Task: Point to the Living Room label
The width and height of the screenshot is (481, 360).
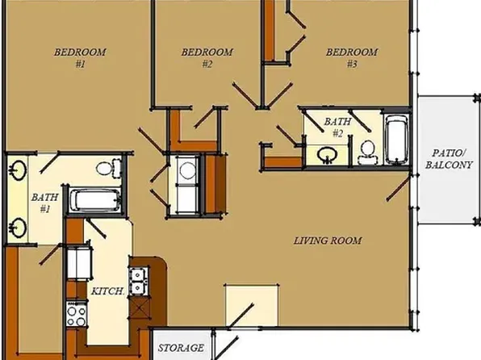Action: pyautogui.click(x=327, y=241)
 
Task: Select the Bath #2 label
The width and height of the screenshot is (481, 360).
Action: pyautogui.click(x=334, y=127)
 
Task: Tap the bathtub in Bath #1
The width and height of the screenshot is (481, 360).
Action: pyautogui.click(x=94, y=199)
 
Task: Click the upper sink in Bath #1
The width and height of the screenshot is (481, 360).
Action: pyautogui.click(x=18, y=170)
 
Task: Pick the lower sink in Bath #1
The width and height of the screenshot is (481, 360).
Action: pyautogui.click(x=18, y=225)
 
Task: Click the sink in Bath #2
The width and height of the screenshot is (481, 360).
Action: pyautogui.click(x=328, y=153)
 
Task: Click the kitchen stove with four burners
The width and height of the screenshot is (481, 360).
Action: pyautogui.click(x=76, y=313)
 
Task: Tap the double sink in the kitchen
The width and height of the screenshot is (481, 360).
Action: pyautogui.click(x=139, y=278)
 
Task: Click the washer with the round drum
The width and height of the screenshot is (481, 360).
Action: pyautogui.click(x=186, y=170)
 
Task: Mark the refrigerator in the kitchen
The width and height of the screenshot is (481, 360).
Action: pyautogui.click(x=80, y=262)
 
